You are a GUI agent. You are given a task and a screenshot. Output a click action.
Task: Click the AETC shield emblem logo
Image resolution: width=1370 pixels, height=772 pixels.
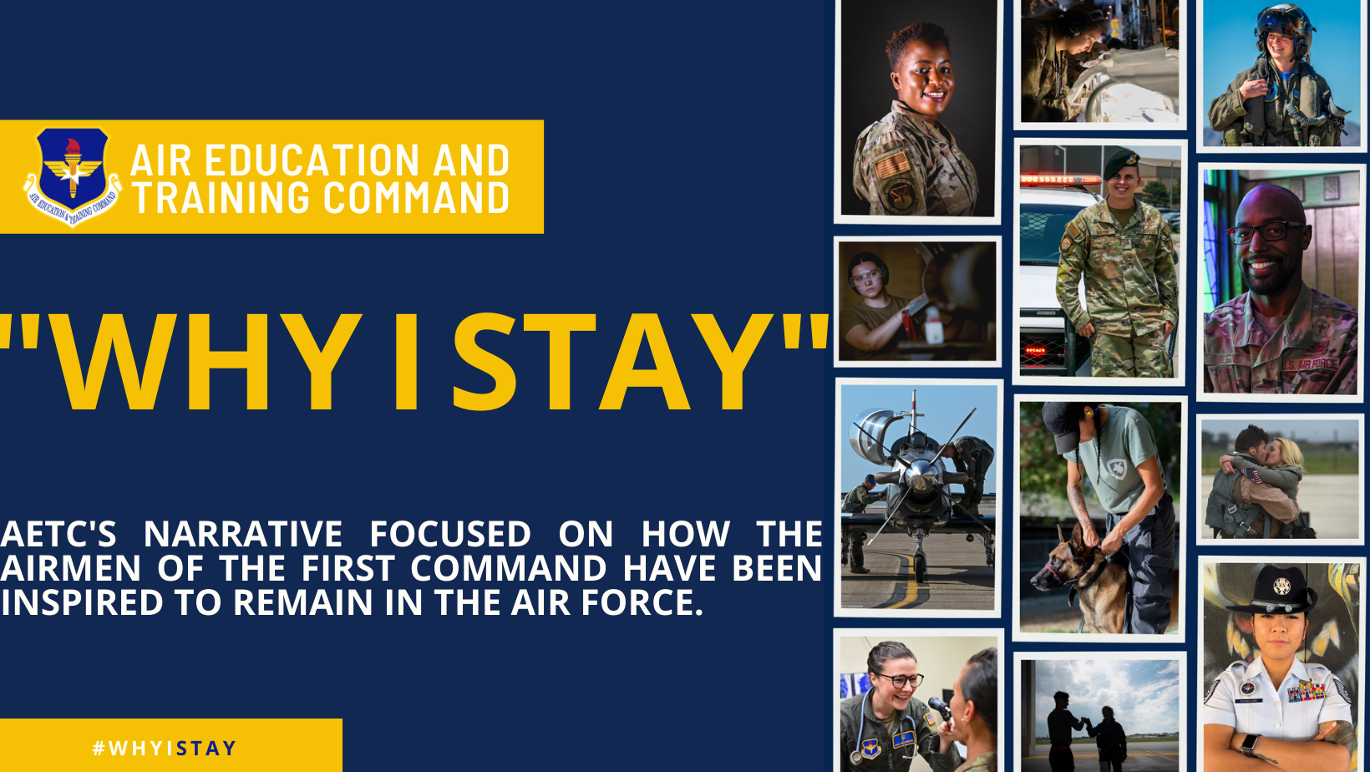(73, 176)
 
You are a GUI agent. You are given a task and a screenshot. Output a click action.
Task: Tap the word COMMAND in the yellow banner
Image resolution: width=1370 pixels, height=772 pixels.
(416, 197)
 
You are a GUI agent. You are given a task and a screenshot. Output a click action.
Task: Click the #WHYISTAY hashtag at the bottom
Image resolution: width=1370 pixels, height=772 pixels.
(164, 748)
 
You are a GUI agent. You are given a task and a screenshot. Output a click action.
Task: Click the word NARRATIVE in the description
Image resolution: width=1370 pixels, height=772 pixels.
(243, 533)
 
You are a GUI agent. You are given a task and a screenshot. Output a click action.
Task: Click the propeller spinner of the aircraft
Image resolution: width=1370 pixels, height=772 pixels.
(918, 474)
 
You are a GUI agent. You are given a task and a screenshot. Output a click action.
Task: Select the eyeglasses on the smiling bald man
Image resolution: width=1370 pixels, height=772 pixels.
(1266, 231)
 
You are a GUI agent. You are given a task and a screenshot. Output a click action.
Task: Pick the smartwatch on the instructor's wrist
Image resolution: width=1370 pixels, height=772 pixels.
(1249, 744)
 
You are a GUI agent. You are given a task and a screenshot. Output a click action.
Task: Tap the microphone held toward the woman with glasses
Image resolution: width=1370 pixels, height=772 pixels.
(940, 709)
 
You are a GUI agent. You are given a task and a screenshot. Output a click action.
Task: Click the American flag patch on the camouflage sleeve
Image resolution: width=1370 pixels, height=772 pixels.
(891, 165)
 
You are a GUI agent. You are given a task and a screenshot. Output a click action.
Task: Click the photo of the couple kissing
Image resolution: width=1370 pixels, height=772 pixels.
(1280, 479)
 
